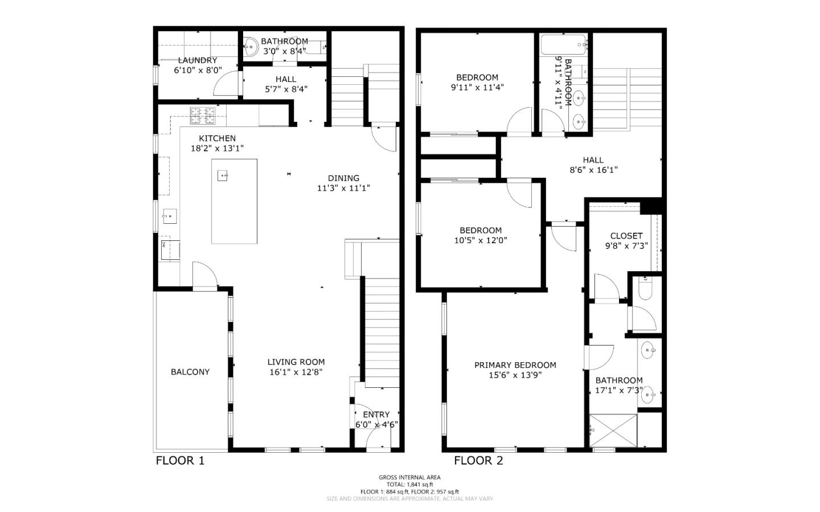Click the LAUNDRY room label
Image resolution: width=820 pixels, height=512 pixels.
[x=197, y=60]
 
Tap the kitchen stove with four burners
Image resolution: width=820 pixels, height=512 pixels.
[x=203, y=116]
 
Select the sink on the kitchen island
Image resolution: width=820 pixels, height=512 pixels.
[x=223, y=176]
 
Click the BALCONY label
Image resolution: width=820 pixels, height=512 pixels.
[x=190, y=372]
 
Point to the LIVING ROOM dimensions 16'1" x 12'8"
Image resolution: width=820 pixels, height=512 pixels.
[x=296, y=372]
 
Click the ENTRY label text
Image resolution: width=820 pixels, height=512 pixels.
[x=376, y=415]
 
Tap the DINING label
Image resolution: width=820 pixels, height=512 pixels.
[x=343, y=178]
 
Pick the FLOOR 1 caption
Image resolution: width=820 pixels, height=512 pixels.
[x=180, y=461]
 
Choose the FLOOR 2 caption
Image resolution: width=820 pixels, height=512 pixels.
[x=478, y=461]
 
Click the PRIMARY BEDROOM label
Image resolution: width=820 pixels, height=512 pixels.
[x=515, y=365]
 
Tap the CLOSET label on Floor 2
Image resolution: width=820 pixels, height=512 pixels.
[x=626, y=236]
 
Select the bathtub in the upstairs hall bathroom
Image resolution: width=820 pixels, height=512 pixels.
[x=564, y=44]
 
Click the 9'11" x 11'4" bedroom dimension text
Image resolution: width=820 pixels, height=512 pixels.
[x=477, y=88]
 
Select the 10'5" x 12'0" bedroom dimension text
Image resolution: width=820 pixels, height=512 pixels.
[x=481, y=240]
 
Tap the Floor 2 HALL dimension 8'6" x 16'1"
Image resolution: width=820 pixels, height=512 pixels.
[x=593, y=170]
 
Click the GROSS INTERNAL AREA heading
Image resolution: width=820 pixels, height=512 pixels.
[x=409, y=477]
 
